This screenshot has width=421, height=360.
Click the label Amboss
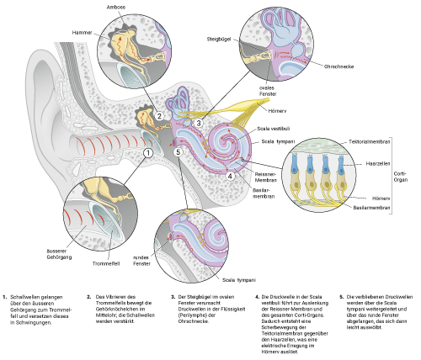(x=116, y=8)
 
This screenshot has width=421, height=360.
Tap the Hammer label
(x=82, y=32)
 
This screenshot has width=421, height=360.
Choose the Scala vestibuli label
(x=274, y=129)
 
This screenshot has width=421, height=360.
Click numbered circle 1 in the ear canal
(x=148, y=152)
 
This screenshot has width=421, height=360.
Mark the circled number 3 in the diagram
(x=198, y=123)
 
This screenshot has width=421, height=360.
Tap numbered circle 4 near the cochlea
(x=230, y=176)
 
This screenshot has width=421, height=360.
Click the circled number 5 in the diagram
(x=178, y=152)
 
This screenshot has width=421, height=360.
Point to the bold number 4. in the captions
(x=258, y=297)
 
